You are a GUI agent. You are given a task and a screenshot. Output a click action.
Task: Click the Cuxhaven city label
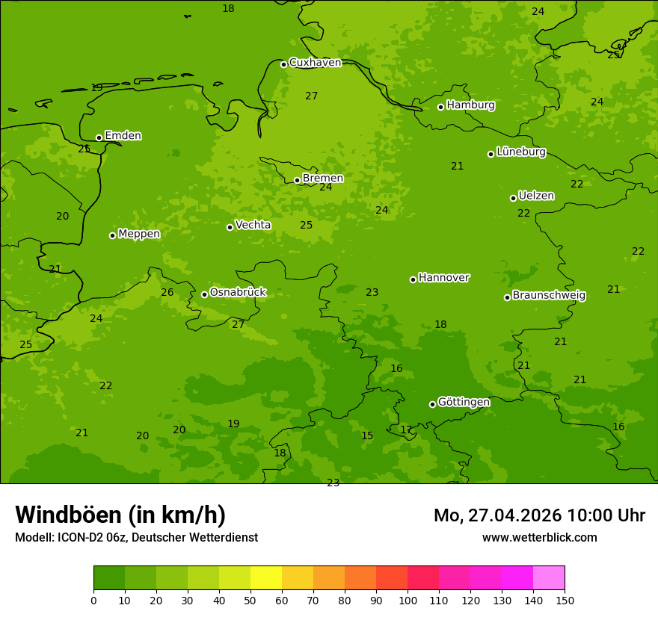pos(315,63)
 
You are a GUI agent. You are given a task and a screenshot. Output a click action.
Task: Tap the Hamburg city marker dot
pos(440,107)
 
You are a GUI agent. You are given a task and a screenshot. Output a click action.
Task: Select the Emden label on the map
pos(123,136)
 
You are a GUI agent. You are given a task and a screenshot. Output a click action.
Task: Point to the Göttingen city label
pos(464,403)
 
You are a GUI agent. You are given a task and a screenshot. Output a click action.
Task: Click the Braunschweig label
pos(549,296)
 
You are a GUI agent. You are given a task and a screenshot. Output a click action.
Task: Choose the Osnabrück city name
pos(238,293)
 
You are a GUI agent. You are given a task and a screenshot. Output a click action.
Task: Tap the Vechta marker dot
pos(230,227)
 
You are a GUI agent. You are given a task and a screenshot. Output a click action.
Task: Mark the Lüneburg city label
pos(521,152)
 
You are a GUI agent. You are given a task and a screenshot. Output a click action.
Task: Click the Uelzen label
pos(536,196)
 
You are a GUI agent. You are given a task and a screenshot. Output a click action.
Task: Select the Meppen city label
pos(139,235)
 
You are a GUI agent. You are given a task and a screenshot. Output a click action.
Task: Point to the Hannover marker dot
pos(413,279)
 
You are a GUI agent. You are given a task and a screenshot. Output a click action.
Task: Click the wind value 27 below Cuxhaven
pos(312,96)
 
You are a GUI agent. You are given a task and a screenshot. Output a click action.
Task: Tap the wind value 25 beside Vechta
pos(307,226)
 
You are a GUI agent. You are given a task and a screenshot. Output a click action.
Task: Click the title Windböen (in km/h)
pos(120,515)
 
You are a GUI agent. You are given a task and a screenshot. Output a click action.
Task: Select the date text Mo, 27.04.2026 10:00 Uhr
pos(539,515)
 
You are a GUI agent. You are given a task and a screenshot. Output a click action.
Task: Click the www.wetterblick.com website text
pos(539,537)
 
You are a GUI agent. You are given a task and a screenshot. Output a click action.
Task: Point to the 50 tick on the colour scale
pos(250,600)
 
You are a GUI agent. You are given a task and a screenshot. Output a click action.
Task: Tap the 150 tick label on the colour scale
pos(565,600)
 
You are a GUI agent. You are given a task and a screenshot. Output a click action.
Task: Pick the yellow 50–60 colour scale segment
pos(266,578)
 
